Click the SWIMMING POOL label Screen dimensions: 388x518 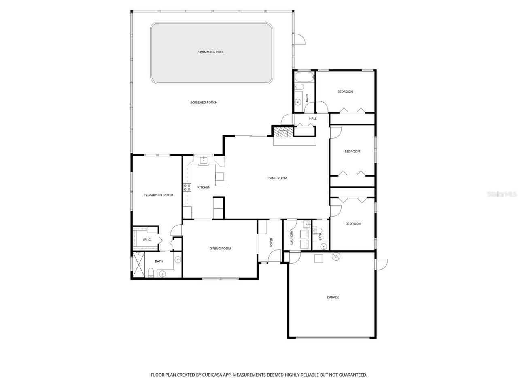(x=211, y=52)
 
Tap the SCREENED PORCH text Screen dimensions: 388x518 (x=204, y=103)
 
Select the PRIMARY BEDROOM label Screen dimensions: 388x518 (x=158, y=195)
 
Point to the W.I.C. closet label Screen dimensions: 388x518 (x=146, y=240)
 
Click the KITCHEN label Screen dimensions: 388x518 (x=204, y=188)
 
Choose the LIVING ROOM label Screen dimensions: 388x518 (x=277, y=178)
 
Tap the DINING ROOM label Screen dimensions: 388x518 (x=220, y=249)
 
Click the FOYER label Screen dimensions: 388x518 (x=272, y=242)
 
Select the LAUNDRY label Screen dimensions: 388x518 (x=291, y=238)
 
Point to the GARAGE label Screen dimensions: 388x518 (x=333, y=297)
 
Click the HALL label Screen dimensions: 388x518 (x=313, y=118)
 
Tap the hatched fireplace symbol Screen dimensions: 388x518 (x=282, y=132)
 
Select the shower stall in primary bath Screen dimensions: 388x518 (x=139, y=265)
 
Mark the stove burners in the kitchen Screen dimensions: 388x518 (x=187, y=187)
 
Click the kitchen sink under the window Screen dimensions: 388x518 (x=204, y=160)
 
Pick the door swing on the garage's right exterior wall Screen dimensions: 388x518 (x=382, y=264)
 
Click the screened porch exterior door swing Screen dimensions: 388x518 (x=299, y=39)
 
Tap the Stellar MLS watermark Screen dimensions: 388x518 (x=502, y=194)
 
